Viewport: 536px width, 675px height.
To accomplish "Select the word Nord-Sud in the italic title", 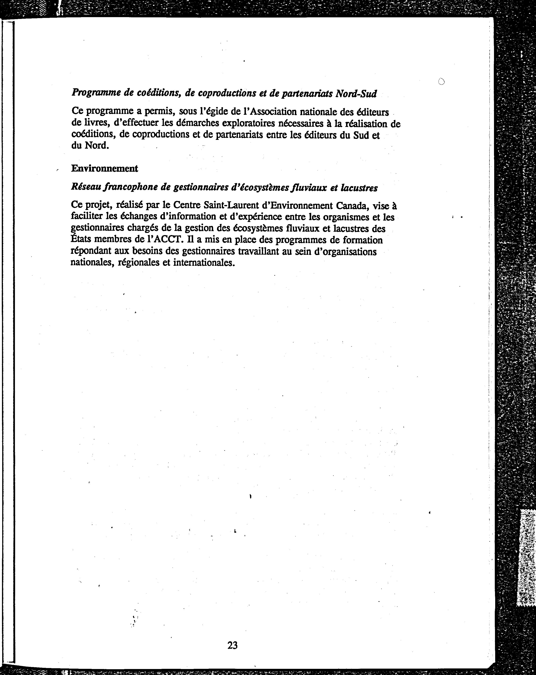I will coord(356,94).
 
